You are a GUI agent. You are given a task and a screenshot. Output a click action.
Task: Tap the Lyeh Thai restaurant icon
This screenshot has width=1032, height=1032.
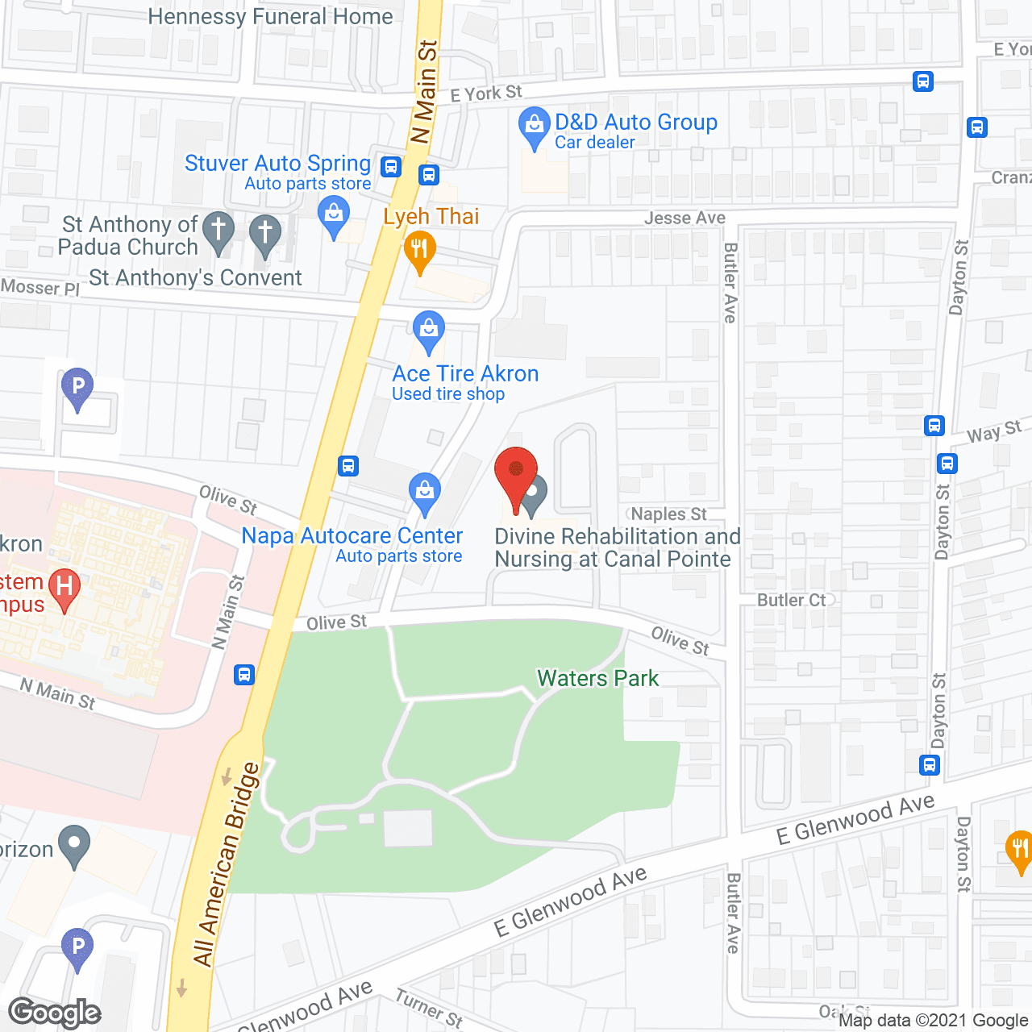pos(419,250)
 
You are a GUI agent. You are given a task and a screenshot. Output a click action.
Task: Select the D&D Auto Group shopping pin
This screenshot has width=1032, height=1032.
pos(533,127)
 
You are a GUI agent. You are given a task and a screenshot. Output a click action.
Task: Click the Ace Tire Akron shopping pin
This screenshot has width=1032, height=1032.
pos(429,331)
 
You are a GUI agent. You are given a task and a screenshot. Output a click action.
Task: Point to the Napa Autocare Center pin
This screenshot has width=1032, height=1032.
pos(424,493)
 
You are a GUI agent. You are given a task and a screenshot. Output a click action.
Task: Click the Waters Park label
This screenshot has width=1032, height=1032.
pos(597,678)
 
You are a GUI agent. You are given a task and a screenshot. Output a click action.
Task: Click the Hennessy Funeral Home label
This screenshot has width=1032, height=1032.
pos(270,16)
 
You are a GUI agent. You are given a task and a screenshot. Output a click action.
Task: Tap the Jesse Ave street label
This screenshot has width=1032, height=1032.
pos(685,218)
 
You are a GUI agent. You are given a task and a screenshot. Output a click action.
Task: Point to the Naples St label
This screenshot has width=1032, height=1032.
pos(668,514)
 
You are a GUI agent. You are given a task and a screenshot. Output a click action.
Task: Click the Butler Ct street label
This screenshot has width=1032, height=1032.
pos(792,600)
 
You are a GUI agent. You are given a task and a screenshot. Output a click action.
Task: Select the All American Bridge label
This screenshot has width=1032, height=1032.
pos(227,863)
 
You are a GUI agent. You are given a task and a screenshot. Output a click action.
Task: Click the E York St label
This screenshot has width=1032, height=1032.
pos(486,94)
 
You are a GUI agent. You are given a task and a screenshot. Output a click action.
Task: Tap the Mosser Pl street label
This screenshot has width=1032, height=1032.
pos(40,287)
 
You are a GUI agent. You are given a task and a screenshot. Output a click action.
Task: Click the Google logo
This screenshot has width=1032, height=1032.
pos(55,1013)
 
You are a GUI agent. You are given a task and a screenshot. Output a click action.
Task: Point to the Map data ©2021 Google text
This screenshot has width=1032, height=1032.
pos(933,1021)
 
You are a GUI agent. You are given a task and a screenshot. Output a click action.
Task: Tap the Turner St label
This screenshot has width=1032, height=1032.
pos(429,1008)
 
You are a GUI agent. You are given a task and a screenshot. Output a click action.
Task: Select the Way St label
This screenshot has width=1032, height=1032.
pos(994,432)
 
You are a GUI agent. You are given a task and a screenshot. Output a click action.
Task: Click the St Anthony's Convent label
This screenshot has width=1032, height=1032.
pos(195,278)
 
